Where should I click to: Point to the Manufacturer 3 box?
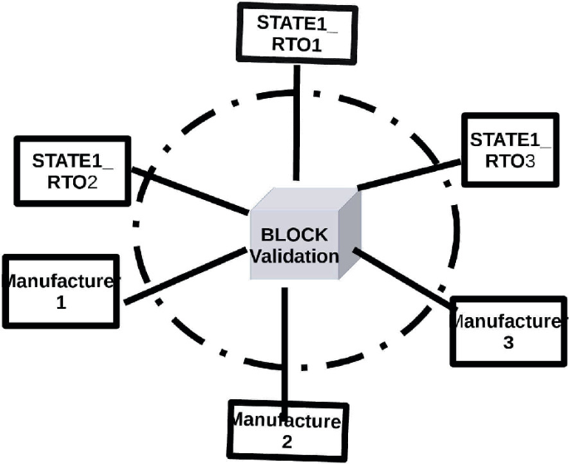tap(508, 330)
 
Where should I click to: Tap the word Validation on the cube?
tap(294, 256)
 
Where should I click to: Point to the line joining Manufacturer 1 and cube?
tap(184, 275)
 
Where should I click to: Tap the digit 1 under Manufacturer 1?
tap(61, 304)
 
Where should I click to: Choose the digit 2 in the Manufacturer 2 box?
tap(287, 441)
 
